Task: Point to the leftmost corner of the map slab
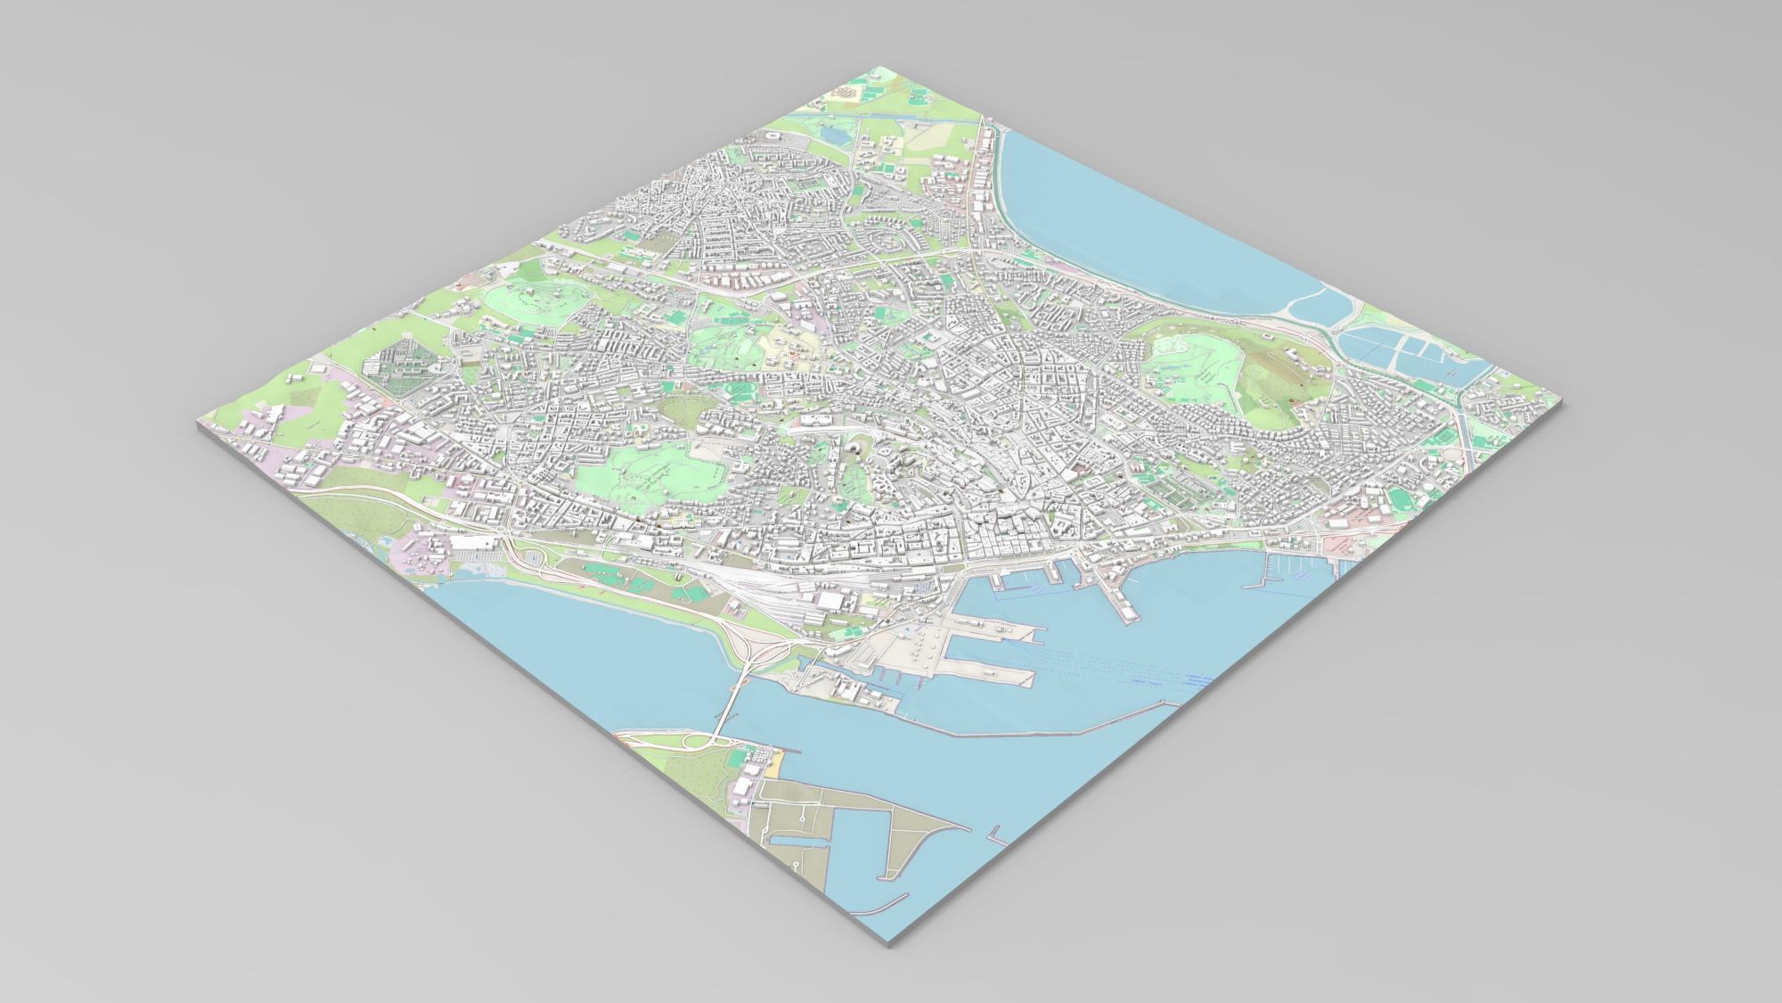[x=195, y=428]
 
